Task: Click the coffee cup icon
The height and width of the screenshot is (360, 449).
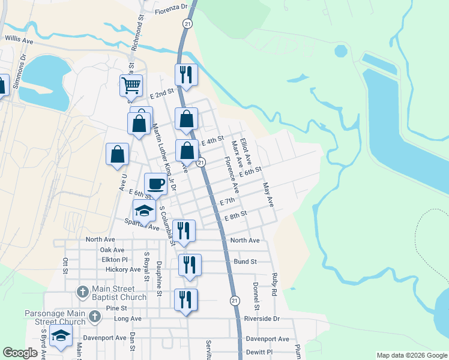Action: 155,184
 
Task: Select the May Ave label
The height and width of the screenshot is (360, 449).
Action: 268,194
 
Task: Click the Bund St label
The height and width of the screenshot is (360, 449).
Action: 246,262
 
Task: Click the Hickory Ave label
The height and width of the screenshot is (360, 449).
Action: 122,270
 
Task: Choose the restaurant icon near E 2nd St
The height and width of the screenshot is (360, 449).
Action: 186,75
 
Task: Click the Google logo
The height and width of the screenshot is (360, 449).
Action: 20,353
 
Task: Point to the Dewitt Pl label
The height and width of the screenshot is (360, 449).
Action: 259,352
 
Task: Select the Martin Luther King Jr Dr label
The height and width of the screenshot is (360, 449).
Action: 164,157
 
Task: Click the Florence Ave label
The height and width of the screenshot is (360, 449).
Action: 232,175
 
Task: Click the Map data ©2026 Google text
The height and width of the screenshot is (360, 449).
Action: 411,355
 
